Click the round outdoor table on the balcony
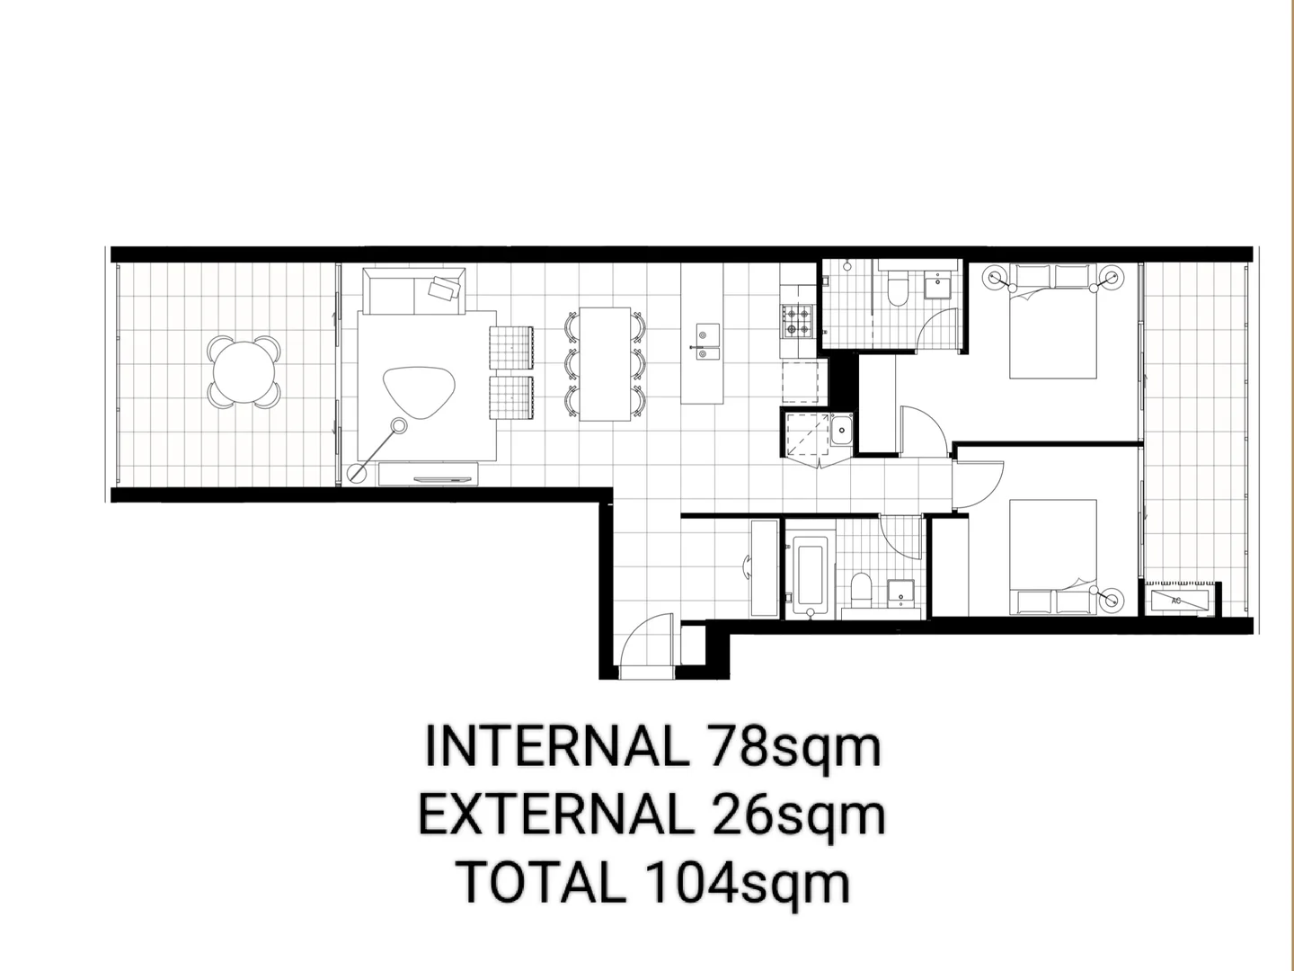[x=244, y=371]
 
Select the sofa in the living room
[x=414, y=290]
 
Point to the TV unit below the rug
[x=427, y=473]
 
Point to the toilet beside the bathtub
[x=860, y=589]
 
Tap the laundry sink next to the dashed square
[x=841, y=431]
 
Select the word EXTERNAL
[x=551, y=815]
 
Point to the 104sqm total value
[x=745, y=882]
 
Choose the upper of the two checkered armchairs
[x=512, y=347]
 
